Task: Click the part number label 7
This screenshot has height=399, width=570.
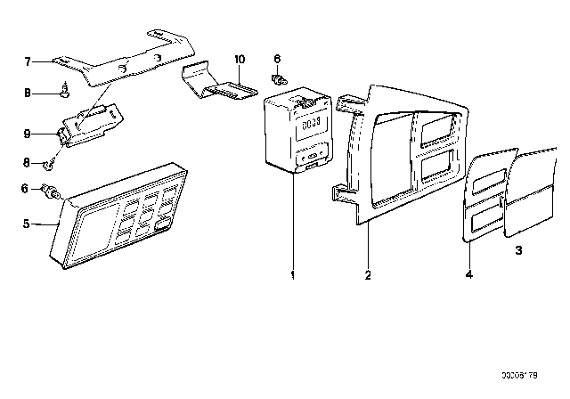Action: [x=28, y=62]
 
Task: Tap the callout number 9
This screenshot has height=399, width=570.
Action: [x=28, y=134]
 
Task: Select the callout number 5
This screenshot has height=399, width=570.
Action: [x=28, y=224]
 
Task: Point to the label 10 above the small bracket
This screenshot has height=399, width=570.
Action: [x=239, y=59]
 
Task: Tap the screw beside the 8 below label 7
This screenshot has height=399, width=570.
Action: [x=66, y=89]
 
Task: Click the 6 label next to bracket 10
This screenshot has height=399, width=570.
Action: [x=277, y=59]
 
